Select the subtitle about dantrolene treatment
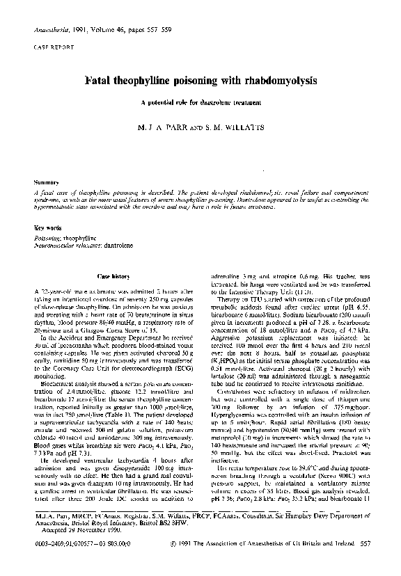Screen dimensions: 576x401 click(200, 104)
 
